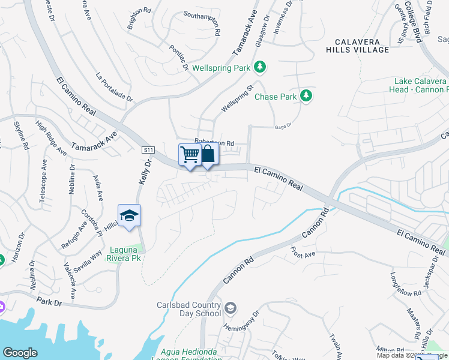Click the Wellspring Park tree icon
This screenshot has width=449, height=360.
259,67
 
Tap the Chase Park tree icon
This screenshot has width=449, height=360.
306,96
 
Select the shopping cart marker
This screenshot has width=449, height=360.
190,155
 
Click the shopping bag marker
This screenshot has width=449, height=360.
208,154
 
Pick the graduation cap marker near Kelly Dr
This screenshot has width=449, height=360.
129,215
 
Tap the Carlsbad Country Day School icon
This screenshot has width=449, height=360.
231,309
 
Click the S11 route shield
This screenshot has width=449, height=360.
148,149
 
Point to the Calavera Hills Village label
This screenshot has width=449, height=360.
358,46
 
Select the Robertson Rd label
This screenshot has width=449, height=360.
214,143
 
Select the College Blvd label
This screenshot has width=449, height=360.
412,20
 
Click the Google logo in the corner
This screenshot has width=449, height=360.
20,352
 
